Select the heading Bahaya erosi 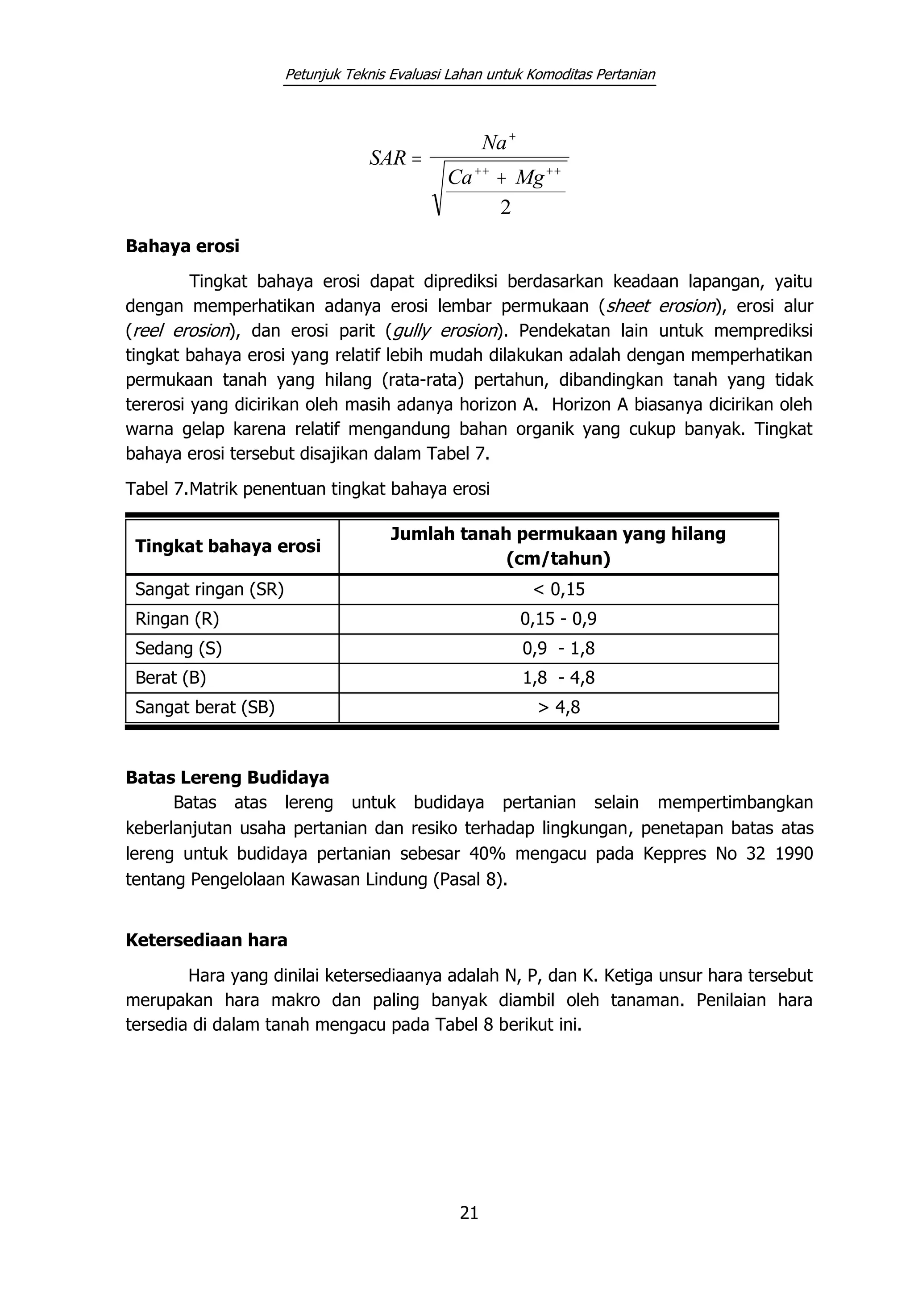(183, 246)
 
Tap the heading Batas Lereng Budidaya (227, 778)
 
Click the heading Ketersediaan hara (206, 940)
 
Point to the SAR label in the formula (388, 158)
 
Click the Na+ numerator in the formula (498, 142)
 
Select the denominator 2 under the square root (505, 208)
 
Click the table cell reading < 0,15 (558, 590)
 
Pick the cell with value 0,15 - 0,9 (558, 619)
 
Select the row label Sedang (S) (179, 649)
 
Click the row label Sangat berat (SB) (205, 707)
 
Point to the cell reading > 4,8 (558, 707)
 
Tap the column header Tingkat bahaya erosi (228, 546)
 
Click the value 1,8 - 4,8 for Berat (558, 678)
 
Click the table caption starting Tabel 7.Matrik (307, 489)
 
